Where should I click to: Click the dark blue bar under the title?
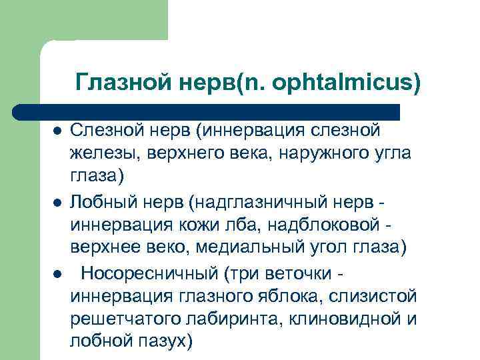pos(207,111)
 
